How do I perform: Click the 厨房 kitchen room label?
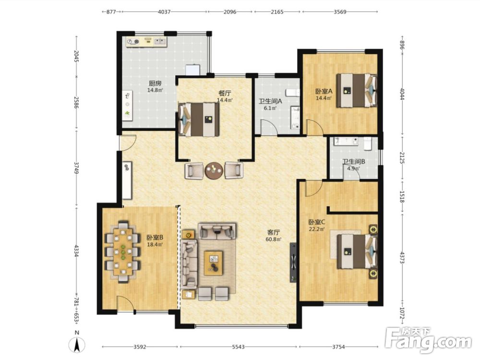click(155, 83)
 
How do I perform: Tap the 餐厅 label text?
click(225, 94)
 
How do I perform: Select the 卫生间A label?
click(270, 101)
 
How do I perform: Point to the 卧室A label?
click(324, 91)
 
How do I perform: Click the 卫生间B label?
click(354, 161)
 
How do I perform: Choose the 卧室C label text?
click(317, 222)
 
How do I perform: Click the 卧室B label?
click(155, 237)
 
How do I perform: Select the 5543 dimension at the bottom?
click(239, 347)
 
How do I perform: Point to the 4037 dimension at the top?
click(164, 12)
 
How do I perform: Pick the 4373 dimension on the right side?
click(402, 257)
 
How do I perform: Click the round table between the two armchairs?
click(214, 170)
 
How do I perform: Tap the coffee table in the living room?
click(214, 263)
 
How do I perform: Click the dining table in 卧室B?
click(123, 252)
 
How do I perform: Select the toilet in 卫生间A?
click(293, 93)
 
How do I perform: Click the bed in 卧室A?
click(357, 90)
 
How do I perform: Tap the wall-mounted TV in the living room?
click(293, 263)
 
